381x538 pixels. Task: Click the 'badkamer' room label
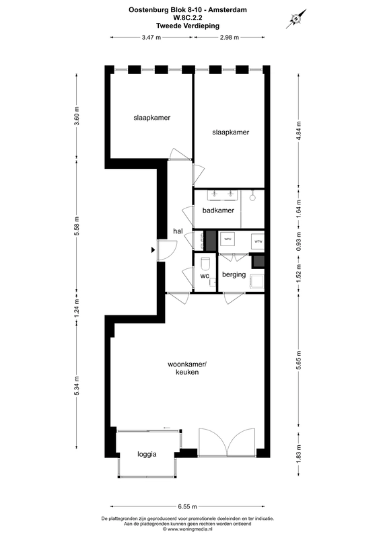coord(218,210)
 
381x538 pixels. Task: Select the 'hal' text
coord(178,231)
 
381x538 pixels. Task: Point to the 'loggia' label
coord(147,454)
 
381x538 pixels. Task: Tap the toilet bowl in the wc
coord(205,264)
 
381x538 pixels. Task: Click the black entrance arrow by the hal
coord(154,250)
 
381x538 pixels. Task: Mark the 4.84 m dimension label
coord(299,128)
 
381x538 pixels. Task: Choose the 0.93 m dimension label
coord(299,240)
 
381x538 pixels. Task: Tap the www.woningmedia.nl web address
coord(191,530)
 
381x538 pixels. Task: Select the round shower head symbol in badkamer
coord(252,197)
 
